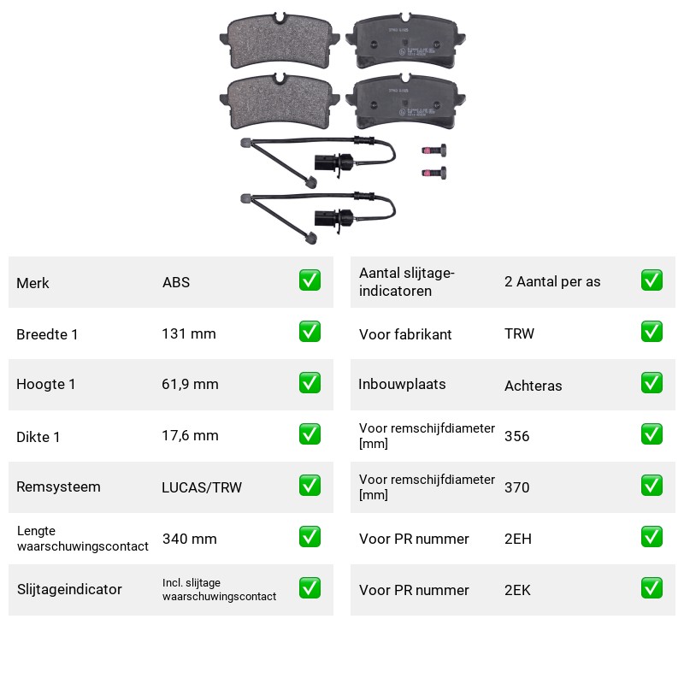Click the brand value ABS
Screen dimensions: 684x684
click(x=176, y=282)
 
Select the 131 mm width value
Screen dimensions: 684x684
click(x=189, y=333)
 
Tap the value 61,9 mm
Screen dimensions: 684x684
click(x=190, y=384)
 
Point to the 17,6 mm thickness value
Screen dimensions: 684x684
click(x=190, y=435)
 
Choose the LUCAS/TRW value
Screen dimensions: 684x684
click(x=202, y=487)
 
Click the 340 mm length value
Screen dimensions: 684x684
click(x=189, y=539)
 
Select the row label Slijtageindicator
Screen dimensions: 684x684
click(x=69, y=589)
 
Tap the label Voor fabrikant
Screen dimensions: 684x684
click(x=405, y=334)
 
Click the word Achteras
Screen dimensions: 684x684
click(x=533, y=386)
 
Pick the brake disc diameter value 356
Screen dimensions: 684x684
click(x=517, y=436)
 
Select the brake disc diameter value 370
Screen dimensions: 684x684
click(x=517, y=487)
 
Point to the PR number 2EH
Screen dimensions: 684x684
click(x=518, y=539)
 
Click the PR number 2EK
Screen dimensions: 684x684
click(x=517, y=590)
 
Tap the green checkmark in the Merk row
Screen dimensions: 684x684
click(x=310, y=280)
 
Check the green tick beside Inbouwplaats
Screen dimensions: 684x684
click(x=652, y=383)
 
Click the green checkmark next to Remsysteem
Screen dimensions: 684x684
click(x=310, y=486)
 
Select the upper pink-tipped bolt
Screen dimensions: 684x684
click(x=434, y=150)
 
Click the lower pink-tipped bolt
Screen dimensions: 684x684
click(x=434, y=173)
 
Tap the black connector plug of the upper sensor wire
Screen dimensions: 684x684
click(x=333, y=163)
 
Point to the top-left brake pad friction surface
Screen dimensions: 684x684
click(x=280, y=40)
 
